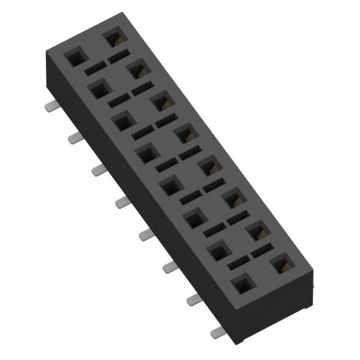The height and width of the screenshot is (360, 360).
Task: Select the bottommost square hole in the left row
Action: pyautogui.click(x=242, y=285)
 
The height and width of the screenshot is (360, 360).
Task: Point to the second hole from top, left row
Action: pyautogui.click(x=98, y=88)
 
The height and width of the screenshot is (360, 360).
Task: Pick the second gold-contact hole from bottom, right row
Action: pyautogui.click(x=257, y=231)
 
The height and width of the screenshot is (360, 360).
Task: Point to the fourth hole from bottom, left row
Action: pyautogui.click(x=170, y=185)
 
